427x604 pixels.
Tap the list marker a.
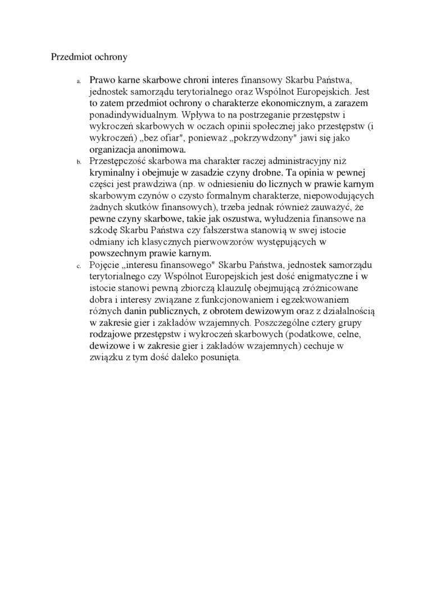point(79,81)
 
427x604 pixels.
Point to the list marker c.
point(79,266)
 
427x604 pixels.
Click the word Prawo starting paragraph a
point(102,80)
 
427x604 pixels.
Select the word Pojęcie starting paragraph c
point(105,265)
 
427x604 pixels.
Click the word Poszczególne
point(281,323)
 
